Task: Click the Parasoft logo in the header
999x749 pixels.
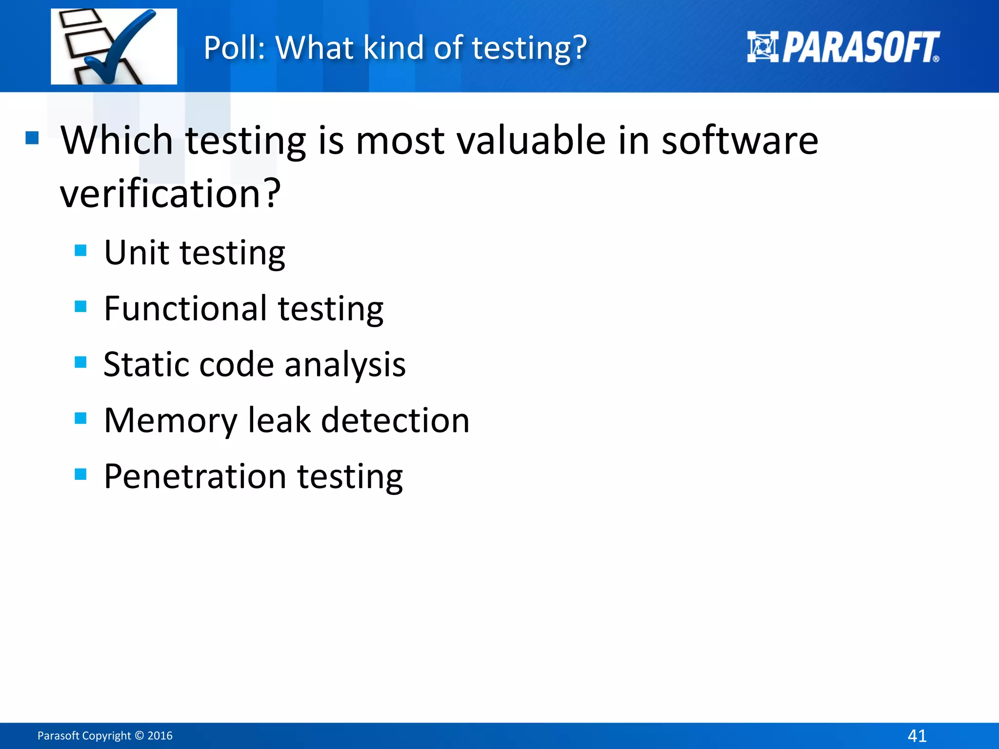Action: tap(843, 47)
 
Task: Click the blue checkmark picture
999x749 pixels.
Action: tap(114, 47)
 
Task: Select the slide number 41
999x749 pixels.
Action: tap(917, 735)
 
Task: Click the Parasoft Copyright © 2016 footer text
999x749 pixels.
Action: tap(105, 735)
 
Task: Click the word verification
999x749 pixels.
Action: tap(170, 194)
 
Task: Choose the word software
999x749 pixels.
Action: tap(739, 140)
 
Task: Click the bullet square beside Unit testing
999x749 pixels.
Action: tap(80, 251)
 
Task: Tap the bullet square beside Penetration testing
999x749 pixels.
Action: tap(80, 474)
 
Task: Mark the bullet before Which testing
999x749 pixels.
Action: tap(32, 138)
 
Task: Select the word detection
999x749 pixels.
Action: tap(395, 421)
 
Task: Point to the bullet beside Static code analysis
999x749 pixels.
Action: tap(80, 362)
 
